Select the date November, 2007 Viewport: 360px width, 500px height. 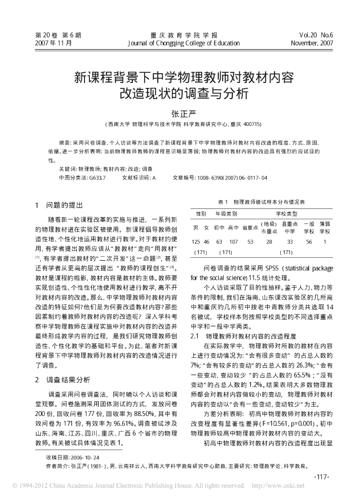click(312, 43)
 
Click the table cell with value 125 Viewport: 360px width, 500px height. click(196, 241)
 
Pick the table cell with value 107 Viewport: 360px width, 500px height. click(233, 241)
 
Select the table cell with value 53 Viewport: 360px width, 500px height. click(251, 241)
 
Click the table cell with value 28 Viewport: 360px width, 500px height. click(269, 241)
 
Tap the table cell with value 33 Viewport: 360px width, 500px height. click(290, 241)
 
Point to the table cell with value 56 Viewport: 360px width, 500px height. click(309, 241)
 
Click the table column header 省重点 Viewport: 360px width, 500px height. click(250, 227)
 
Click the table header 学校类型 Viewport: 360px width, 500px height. click(286, 213)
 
